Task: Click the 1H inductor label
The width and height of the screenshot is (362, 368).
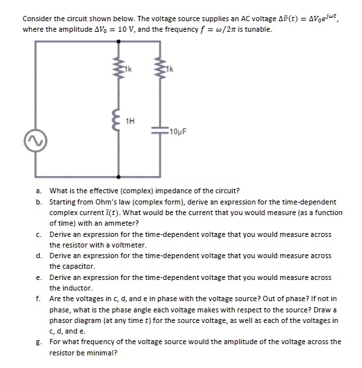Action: [x=131, y=120]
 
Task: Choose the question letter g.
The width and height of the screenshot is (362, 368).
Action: [x=40, y=342]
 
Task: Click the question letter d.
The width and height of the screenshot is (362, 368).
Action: [x=40, y=255]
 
